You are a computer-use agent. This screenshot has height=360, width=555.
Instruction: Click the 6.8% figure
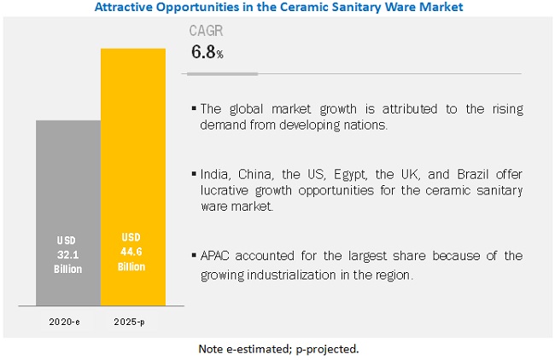pyautogui.click(x=207, y=53)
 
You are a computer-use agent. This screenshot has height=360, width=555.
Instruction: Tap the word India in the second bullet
pyautogui.click(x=214, y=175)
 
